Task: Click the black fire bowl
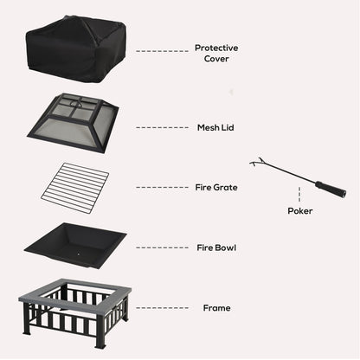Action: [x=75, y=244]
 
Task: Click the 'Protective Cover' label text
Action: [x=216, y=54]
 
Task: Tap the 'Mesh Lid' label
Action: [x=215, y=127]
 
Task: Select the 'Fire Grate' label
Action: [x=217, y=187]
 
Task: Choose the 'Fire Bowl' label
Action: [x=216, y=247]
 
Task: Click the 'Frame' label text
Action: [x=216, y=307]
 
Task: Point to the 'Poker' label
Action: [x=300, y=210]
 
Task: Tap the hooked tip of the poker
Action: [x=254, y=162]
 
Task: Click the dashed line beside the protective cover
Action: [x=161, y=51]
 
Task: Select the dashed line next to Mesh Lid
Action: [x=161, y=127]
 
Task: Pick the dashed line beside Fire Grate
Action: [x=161, y=187]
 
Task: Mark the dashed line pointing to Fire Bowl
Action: [x=161, y=247]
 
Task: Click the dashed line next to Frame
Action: [x=161, y=307]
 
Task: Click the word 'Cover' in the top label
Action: [x=216, y=60]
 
